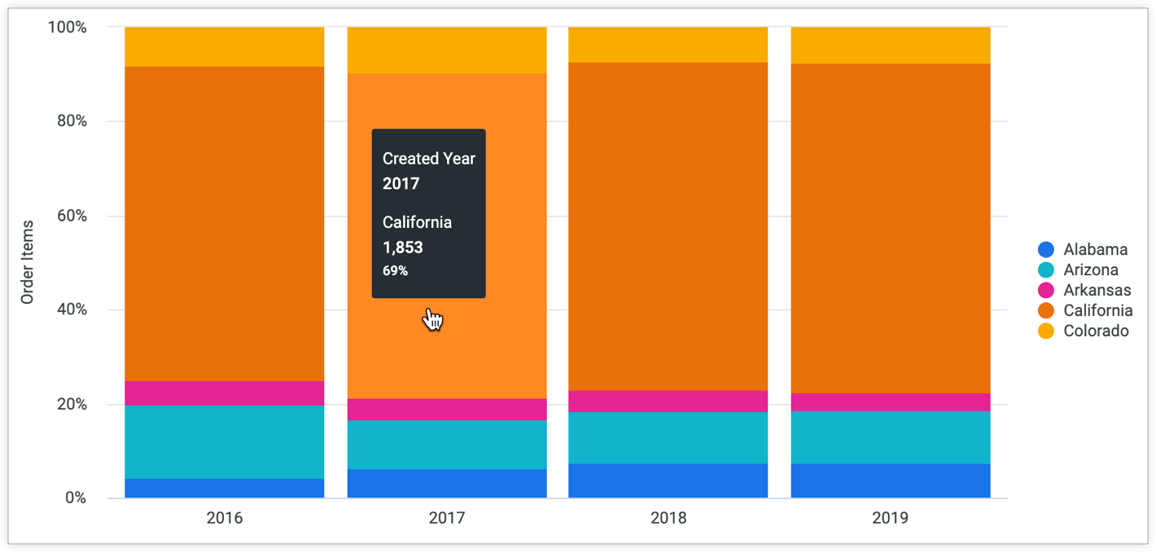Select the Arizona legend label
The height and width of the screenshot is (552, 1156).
pyautogui.click(x=1090, y=270)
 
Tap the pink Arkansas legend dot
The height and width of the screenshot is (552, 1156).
pyautogui.click(x=1046, y=291)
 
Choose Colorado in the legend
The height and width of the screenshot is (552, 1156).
pyautogui.click(x=1096, y=331)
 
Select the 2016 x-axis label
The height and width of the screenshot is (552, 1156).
pyautogui.click(x=224, y=518)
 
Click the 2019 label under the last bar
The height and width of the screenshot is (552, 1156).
pyautogui.click(x=891, y=518)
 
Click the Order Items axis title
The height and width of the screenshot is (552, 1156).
pyautogui.click(x=28, y=262)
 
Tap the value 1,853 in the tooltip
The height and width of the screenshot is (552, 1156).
pyautogui.click(x=403, y=248)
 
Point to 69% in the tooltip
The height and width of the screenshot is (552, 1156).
pyautogui.click(x=395, y=271)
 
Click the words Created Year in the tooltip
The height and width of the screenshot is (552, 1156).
pyautogui.click(x=429, y=159)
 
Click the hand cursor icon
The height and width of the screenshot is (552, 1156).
pyautogui.click(x=432, y=320)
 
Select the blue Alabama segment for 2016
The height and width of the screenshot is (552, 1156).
pyautogui.click(x=224, y=488)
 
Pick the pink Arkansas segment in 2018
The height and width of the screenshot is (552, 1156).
pyautogui.click(x=668, y=401)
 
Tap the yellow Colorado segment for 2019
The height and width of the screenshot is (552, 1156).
pyautogui.click(x=891, y=45)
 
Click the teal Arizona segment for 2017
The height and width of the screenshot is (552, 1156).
pyautogui.click(x=447, y=445)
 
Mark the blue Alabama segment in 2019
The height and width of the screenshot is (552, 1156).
pyautogui.click(x=891, y=481)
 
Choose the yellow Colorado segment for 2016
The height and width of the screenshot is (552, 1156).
pyautogui.click(x=224, y=46)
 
